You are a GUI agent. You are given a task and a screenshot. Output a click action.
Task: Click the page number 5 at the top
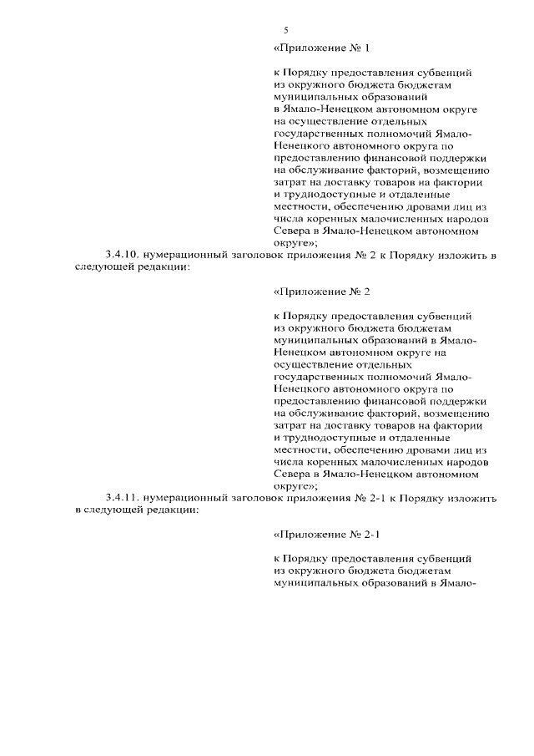[x=285, y=30]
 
